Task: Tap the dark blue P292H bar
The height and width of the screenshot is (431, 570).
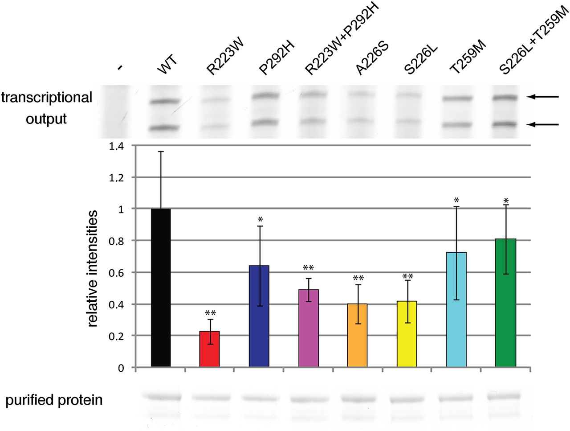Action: click(259, 316)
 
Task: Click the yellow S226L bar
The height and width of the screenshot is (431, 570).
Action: click(407, 334)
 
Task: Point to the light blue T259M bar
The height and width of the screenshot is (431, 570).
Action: click(456, 309)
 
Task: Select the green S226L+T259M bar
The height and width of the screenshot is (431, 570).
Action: click(505, 303)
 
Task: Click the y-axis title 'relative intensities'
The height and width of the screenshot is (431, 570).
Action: click(92, 268)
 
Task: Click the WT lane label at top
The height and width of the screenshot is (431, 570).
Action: click(167, 65)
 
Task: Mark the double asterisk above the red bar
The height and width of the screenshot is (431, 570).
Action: click(210, 313)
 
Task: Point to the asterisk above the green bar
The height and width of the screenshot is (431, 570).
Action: click(506, 201)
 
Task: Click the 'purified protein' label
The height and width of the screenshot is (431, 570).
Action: click(54, 400)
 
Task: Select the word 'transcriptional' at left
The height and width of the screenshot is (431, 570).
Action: click(46, 97)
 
